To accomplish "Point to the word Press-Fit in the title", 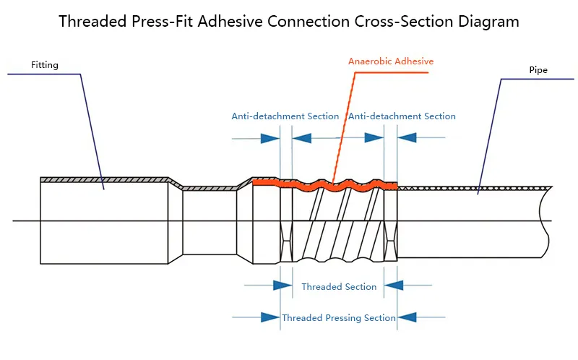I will (x=163, y=21).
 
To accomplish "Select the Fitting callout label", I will (x=44, y=65).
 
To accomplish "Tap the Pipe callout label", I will (x=538, y=71).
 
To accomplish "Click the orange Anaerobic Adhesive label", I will (x=391, y=61).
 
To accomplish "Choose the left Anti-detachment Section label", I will (x=285, y=116).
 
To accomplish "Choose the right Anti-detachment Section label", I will (x=402, y=116).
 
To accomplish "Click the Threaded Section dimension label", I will (x=339, y=287).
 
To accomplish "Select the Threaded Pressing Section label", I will (x=339, y=317).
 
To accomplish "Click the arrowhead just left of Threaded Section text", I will (x=282, y=286).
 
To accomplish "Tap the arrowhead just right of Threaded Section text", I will (x=393, y=286).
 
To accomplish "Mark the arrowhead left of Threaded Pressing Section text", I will (x=269, y=317).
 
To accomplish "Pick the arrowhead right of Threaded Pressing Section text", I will (x=407, y=317).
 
